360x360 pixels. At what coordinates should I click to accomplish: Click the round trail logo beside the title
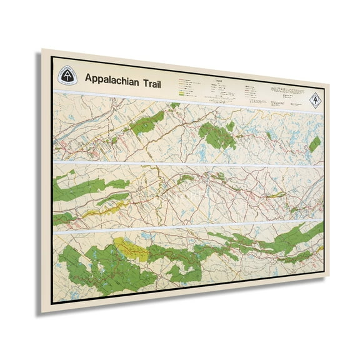pyautogui.click(x=67, y=76)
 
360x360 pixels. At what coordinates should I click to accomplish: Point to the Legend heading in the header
pyautogui.click(x=217, y=81)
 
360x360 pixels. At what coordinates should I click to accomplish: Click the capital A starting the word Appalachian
pyautogui.click(x=87, y=79)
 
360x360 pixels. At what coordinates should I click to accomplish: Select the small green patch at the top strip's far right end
pyautogui.click(x=314, y=144)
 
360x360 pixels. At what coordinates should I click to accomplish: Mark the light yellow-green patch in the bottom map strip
pyautogui.click(x=133, y=249)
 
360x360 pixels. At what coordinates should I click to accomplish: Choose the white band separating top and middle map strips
pyautogui.click(x=187, y=164)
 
